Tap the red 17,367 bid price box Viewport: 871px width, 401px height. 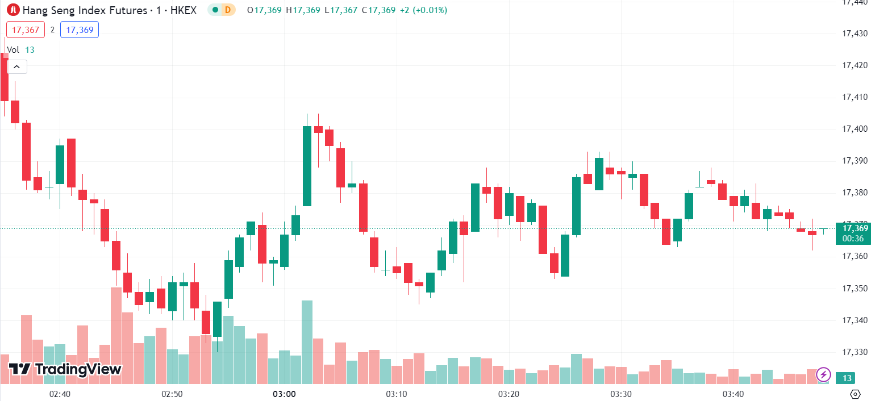point(25,30)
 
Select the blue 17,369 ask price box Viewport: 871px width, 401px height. point(80,30)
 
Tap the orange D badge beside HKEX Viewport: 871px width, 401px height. point(227,10)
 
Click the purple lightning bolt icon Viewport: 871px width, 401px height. point(823,374)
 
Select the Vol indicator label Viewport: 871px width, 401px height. point(13,50)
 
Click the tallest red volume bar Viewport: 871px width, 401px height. point(116,335)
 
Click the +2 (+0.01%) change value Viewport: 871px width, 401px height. point(423,10)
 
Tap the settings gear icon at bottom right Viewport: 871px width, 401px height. point(855,394)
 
